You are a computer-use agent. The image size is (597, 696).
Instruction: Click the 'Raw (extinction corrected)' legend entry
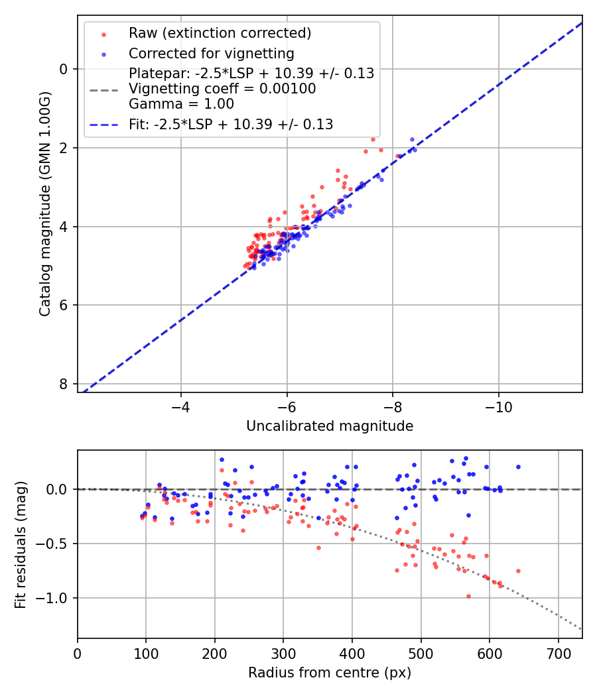(220, 33)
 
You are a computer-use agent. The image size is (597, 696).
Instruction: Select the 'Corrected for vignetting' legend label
(211, 54)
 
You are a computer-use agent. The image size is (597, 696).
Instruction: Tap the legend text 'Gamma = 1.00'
(181, 103)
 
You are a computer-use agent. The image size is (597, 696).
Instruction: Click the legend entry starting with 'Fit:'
(231, 124)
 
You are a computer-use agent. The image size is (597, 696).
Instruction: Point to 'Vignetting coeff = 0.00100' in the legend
(222, 89)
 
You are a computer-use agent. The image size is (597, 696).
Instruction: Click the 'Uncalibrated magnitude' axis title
(330, 426)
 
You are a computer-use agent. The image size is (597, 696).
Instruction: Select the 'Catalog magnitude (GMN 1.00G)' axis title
(45, 204)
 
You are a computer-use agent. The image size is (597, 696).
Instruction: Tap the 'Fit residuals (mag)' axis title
(21, 544)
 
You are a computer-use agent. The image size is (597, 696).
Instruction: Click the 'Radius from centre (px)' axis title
(330, 673)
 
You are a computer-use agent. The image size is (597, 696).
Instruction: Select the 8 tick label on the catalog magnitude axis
(63, 384)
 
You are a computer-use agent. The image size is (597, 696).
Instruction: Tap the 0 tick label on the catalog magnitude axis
(63, 69)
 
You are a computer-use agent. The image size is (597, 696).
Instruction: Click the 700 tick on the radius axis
(558, 653)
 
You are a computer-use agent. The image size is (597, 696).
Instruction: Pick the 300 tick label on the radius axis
(283, 653)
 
